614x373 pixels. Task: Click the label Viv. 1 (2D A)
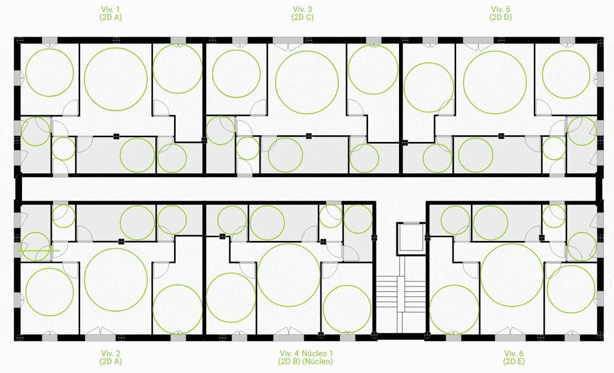coord(111,13)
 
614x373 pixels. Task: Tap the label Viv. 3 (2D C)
coord(303,13)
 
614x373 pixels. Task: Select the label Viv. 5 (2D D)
coord(500,13)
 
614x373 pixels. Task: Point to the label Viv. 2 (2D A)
coord(111,357)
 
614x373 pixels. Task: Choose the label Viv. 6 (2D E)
coord(514,357)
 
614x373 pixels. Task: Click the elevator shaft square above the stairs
coord(410,239)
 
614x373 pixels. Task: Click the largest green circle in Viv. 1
coord(116,79)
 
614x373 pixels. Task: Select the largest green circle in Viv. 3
coord(307,82)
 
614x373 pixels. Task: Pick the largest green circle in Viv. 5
coord(495,82)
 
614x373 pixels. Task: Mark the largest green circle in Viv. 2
coord(115,280)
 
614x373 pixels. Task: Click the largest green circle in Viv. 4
coord(289,275)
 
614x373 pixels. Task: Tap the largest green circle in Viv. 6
coord(512,276)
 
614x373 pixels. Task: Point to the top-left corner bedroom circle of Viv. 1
coord(49,72)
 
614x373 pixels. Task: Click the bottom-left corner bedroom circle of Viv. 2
coord(49,292)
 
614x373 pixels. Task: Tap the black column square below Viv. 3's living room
coord(309,136)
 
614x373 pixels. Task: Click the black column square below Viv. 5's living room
coord(501,136)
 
